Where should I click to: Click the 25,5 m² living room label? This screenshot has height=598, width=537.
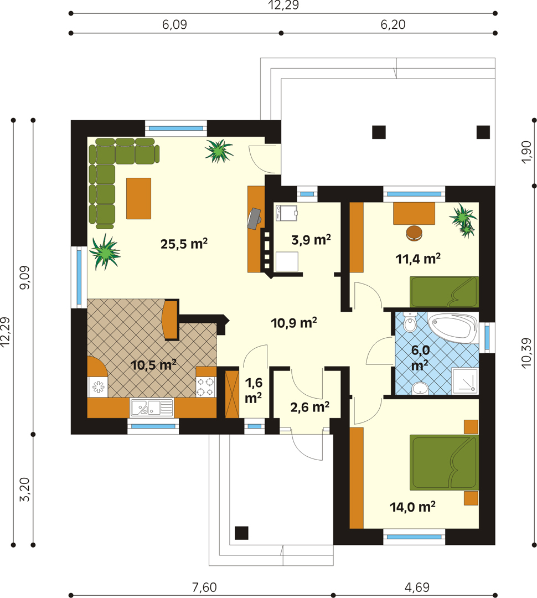click(184, 244)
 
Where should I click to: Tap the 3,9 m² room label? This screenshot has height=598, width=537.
click(311, 240)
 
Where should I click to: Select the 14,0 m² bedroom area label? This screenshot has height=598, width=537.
click(412, 507)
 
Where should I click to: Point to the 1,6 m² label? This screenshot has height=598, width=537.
click(254, 390)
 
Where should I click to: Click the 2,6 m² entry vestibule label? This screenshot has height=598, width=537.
click(309, 407)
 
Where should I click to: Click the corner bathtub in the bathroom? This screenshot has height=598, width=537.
click(453, 328)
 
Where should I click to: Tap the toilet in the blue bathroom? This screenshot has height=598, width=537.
click(410, 322)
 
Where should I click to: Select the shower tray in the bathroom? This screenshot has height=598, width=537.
click(464, 381)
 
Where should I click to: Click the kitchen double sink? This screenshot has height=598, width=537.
click(152, 408)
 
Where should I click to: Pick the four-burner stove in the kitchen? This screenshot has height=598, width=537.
click(206, 386)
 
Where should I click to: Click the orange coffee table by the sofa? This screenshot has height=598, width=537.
click(138, 198)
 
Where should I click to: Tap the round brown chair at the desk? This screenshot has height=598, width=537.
click(415, 233)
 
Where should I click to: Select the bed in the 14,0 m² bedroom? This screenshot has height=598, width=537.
click(444, 462)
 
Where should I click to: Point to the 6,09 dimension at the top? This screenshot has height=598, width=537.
click(175, 24)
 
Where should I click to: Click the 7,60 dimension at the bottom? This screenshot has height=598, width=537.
click(204, 587)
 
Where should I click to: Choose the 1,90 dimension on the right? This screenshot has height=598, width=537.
click(526, 152)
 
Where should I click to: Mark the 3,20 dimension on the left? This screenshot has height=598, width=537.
click(24, 489)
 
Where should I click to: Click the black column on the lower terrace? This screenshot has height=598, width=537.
click(241, 533)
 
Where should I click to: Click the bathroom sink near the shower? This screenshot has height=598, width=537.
click(420, 388)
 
